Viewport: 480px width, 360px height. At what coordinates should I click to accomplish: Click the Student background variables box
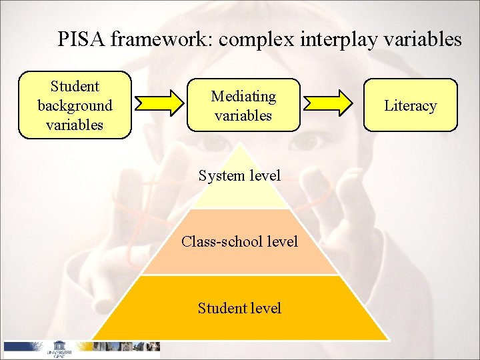[75, 105]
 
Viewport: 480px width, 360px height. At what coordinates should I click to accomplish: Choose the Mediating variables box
[243, 105]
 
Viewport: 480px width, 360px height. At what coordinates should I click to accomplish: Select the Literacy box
[410, 105]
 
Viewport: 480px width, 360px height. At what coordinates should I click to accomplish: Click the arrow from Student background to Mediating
[159, 104]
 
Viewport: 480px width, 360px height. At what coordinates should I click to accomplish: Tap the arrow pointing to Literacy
[329, 104]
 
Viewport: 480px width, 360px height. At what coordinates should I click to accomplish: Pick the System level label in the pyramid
[239, 175]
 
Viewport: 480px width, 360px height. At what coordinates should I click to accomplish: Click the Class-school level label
[239, 241]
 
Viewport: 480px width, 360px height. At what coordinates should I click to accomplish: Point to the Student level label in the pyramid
[239, 308]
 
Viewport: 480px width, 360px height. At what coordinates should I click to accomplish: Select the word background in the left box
[75, 105]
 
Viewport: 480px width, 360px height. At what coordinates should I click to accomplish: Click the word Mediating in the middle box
[243, 96]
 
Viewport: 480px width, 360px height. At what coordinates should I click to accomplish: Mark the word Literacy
[410, 105]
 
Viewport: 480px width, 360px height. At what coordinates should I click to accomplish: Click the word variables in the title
[424, 39]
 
